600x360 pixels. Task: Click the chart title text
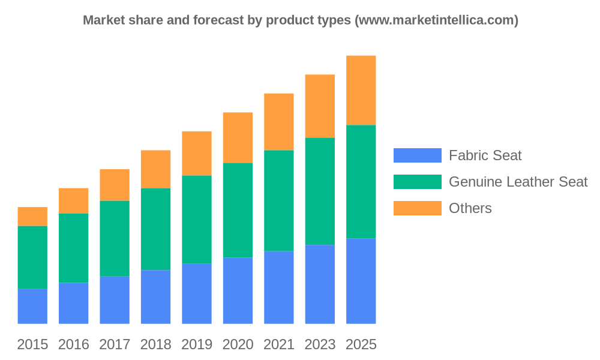point(301,20)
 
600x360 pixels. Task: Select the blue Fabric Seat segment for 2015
point(32,306)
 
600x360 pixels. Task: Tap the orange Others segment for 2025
point(361,90)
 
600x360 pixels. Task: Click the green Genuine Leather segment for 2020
point(238,210)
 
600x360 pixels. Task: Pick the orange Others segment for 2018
point(155,169)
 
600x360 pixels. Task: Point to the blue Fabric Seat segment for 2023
point(320,284)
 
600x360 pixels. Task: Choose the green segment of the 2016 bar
point(73,248)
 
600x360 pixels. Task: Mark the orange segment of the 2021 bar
point(279,121)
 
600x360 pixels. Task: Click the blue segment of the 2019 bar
point(197,293)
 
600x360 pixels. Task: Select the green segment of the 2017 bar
point(115,238)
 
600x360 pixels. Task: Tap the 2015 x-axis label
point(32,344)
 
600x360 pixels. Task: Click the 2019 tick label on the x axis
point(197,344)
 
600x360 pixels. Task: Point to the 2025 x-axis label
point(361,344)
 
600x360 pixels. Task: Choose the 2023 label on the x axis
point(320,344)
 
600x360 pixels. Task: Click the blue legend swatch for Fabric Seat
point(417,155)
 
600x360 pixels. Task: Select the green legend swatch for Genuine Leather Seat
point(417,182)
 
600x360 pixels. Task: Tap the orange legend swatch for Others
point(417,208)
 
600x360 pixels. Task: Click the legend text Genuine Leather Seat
point(518,182)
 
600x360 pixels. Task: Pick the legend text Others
point(470,208)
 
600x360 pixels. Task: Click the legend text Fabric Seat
point(485,155)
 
